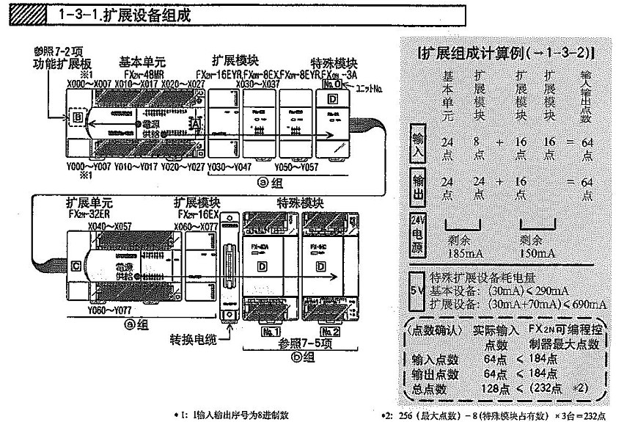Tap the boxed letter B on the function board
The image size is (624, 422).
pyautogui.click(x=76, y=117)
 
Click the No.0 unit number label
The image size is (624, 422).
pyautogui.click(x=331, y=84)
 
